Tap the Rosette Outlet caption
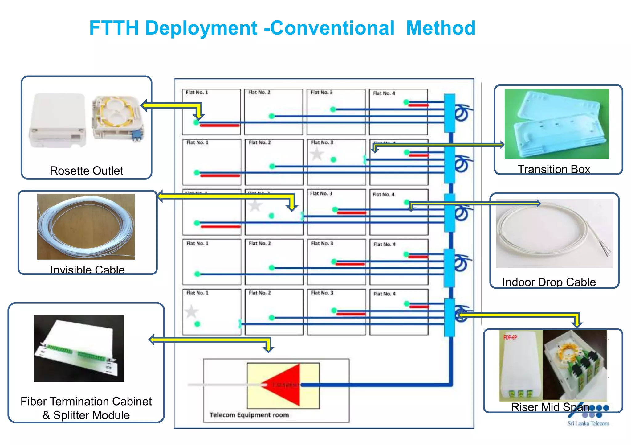[x=86, y=171]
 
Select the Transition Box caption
[x=554, y=169]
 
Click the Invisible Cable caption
[x=88, y=270]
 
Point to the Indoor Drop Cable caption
[x=549, y=282]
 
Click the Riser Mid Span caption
[x=550, y=407]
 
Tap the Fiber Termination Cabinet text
[x=86, y=401]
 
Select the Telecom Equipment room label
[x=249, y=415]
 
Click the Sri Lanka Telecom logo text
[x=588, y=423]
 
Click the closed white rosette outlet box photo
[x=58, y=120]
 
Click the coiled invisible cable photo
[x=86, y=226]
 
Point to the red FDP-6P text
[x=510, y=337]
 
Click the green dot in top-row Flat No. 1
[x=196, y=122]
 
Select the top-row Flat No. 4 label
[x=384, y=93]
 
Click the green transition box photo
[x=556, y=124]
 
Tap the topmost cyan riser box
[x=450, y=113]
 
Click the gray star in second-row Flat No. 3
[x=317, y=154]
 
